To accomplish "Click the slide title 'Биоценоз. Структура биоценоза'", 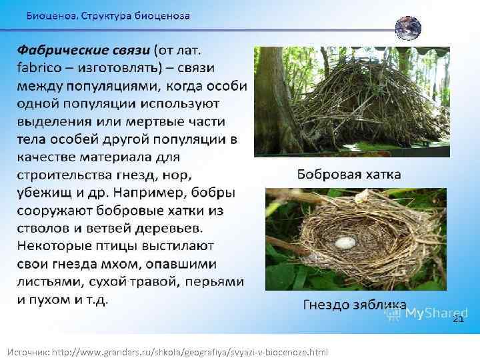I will [x=108, y=15].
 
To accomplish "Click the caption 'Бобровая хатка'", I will [x=349, y=175].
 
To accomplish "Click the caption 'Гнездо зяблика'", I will [x=354, y=305].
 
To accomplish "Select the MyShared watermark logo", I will [x=427, y=313].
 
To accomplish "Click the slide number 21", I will [x=457, y=319].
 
